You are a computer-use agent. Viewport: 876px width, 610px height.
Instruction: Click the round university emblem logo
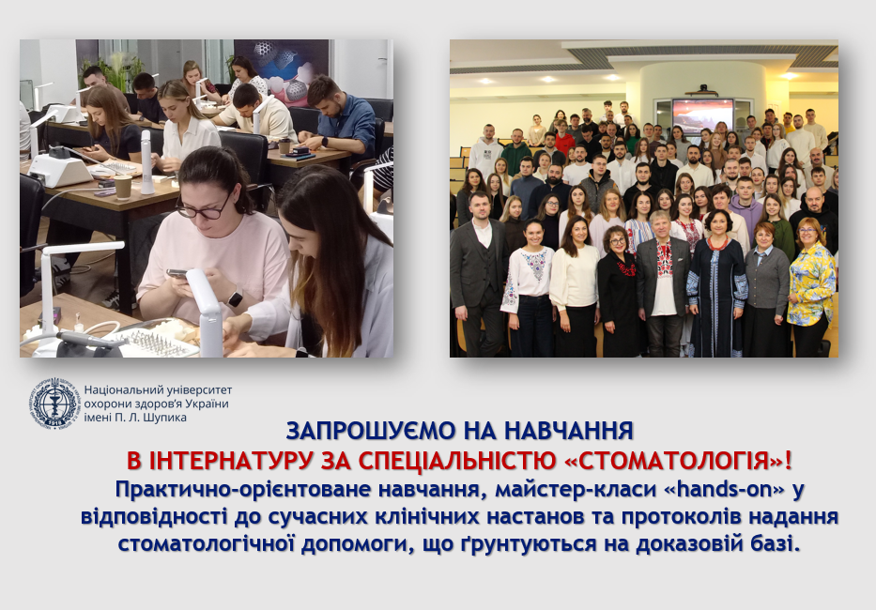(x=54, y=404)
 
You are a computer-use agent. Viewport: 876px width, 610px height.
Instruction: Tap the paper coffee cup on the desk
(x=123, y=187)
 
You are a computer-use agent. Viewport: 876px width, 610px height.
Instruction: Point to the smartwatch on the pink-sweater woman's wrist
(x=235, y=298)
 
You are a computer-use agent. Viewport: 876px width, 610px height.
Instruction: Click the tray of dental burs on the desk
(x=155, y=342)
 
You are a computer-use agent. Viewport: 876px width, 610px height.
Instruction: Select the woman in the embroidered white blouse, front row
(x=528, y=288)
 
